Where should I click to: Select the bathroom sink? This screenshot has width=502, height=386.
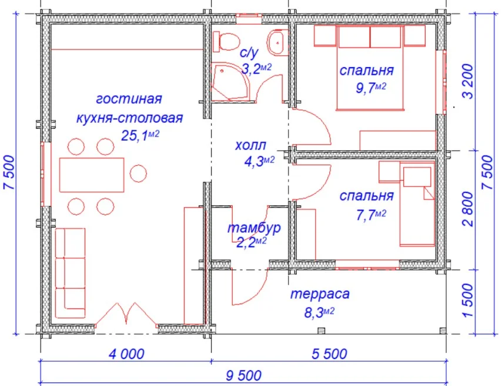pyautogui.click(x=276, y=42)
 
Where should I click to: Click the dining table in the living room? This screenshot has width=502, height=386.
pyautogui.click(x=92, y=174)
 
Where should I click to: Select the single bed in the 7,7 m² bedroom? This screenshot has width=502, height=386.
pyautogui.click(x=417, y=206)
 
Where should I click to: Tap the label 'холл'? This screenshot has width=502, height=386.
pyautogui.click(x=250, y=145)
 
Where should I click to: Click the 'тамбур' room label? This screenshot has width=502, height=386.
pyautogui.click(x=253, y=227)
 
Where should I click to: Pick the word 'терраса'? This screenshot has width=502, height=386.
pyautogui.click(x=320, y=294)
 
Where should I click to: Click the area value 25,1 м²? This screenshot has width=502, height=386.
pyautogui.click(x=141, y=135)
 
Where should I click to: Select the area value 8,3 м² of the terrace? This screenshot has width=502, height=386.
pyautogui.click(x=319, y=312)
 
